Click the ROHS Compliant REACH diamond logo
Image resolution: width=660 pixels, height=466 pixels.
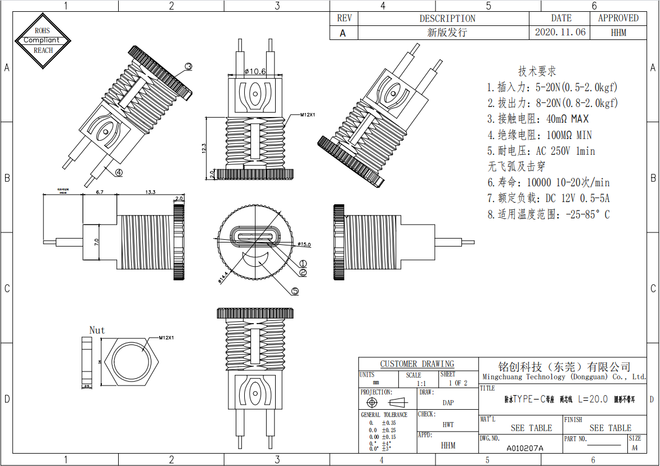click(43, 40)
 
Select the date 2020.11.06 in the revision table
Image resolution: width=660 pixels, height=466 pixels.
click(560, 32)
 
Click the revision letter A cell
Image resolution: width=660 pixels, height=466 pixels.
click(343, 33)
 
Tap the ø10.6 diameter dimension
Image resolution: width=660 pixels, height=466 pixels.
click(255, 71)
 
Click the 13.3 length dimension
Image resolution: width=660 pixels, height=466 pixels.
click(150, 192)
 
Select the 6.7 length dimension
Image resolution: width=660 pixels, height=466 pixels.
click(100, 192)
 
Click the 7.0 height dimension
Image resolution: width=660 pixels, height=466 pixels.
click(96, 243)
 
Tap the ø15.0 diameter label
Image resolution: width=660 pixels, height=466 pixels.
click(302, 245)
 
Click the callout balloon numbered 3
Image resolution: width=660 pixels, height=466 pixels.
click(188, 66)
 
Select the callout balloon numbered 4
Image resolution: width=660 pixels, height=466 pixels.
click(119, 172)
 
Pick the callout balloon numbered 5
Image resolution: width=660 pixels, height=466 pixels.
click(295, 291)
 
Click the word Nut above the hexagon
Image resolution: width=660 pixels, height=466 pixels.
click(97, 330)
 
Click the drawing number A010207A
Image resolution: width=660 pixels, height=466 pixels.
click(524, 448)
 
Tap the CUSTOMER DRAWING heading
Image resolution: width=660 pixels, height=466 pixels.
click(417, 364)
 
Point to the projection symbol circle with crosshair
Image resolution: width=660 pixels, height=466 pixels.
click(371, 402)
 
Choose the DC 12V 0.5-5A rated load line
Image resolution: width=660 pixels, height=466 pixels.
click(548, 198)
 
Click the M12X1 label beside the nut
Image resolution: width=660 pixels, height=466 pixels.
click(166, 338)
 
